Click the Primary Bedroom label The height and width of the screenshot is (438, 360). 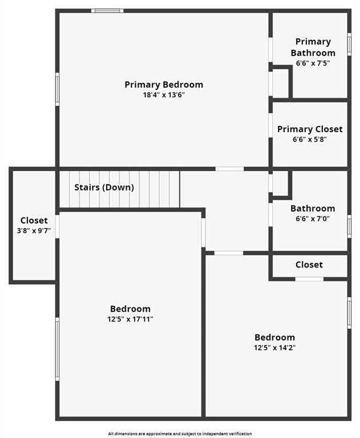[164, 85]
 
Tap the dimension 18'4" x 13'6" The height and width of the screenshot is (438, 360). [164, 95]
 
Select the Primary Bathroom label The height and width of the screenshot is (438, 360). [313, 47]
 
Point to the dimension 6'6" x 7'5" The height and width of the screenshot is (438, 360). [313, 63]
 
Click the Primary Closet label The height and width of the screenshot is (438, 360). [310, 129]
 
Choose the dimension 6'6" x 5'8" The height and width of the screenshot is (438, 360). [310, 139]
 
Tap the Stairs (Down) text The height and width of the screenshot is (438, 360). [104, 187]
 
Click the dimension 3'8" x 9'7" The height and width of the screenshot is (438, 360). [34, 231]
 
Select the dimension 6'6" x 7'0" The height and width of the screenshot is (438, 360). [313, 218]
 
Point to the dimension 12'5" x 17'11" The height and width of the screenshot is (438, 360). [130, 319]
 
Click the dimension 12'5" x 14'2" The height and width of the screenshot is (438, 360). [274, 347]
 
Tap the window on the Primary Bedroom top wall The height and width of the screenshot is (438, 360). [107, 10]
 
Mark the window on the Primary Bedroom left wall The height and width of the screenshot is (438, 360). [57, 89]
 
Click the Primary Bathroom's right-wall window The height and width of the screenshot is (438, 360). [349, 43]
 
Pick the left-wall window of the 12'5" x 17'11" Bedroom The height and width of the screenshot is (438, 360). [57, 348]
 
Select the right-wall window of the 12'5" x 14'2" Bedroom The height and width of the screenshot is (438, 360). [349, 313]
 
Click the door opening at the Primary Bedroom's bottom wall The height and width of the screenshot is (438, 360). [229, 169]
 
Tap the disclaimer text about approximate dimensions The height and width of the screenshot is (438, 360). [180, 434]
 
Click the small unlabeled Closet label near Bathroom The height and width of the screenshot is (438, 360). [309, 265]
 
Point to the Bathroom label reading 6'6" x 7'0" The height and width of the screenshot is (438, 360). [313, 209]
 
